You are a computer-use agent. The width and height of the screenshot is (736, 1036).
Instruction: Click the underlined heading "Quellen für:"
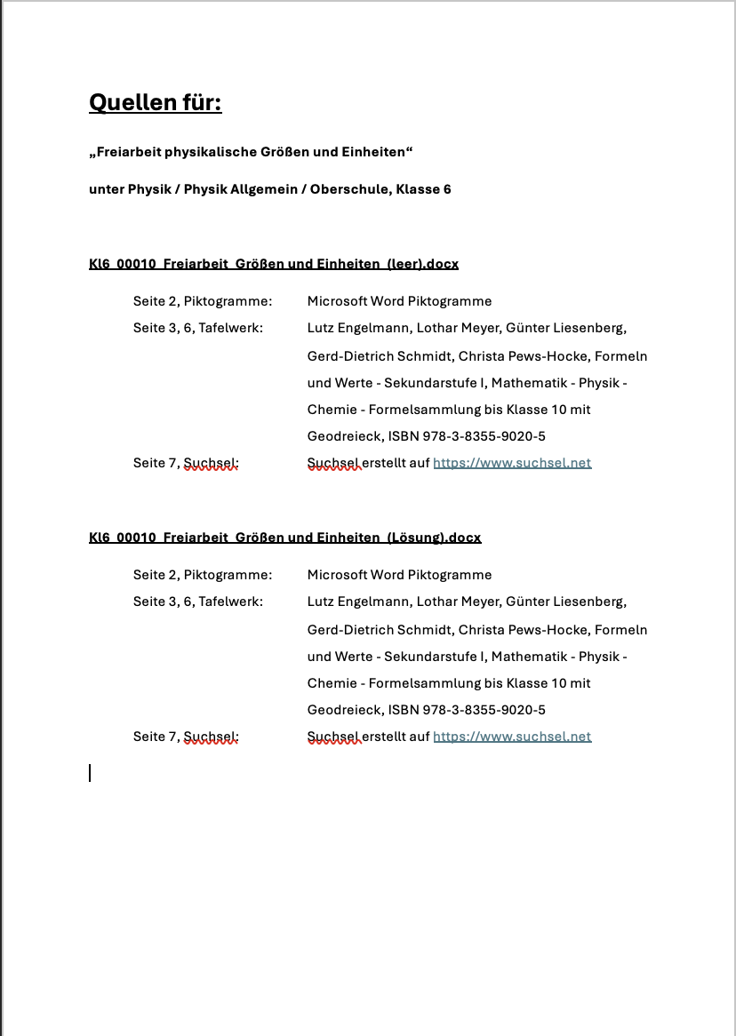tap(155, 103)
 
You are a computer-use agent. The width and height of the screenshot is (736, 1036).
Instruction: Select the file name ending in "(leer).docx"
tap(274, 264)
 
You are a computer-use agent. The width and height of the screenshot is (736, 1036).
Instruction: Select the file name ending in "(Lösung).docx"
tap(284, 538)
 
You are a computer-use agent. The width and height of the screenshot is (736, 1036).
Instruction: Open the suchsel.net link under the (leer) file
tap(512, 463)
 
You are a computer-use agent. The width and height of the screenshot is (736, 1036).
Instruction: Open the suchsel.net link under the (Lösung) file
tap(512, 737)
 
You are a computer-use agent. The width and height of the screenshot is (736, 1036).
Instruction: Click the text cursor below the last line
tap(90, 773)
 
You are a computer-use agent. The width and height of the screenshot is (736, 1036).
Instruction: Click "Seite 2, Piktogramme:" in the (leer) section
tap(203, 301)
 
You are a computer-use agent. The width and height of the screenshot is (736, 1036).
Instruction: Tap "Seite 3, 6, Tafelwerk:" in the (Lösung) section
tap(198, 602)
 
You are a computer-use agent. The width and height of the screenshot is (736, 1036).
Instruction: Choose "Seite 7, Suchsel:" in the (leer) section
tap(186, 463)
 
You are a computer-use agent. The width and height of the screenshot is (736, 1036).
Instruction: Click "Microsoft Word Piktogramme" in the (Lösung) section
tap(399, 575)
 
